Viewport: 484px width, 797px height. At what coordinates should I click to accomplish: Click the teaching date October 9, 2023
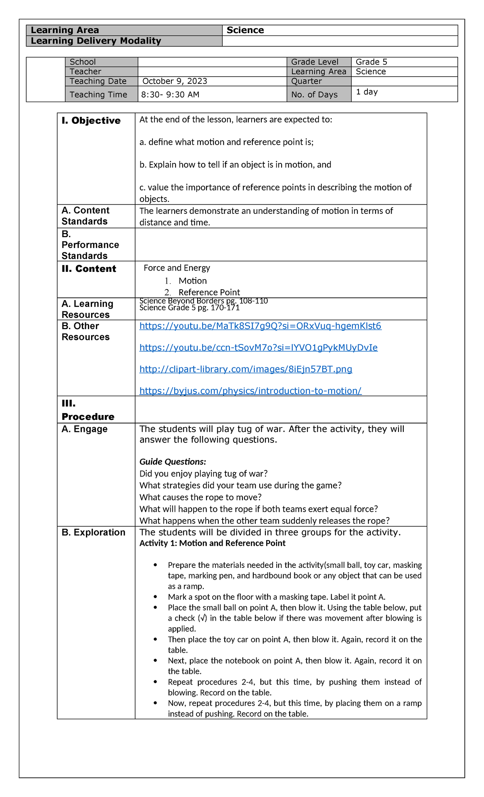coord(175,81)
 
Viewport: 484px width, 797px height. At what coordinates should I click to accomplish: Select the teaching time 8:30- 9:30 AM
coord(170,95)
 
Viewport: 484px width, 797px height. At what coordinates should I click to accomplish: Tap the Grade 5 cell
coord(371,62)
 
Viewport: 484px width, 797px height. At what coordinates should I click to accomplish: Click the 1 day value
coord(367,92)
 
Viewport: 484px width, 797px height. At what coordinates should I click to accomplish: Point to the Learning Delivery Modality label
coord(96,41)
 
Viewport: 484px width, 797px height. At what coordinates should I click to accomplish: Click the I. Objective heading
coord(91,121)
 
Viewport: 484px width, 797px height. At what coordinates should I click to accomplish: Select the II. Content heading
coord(89,269)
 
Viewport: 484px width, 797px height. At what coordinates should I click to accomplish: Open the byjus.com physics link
coord(250,390)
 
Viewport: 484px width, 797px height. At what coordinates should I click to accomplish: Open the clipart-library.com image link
coord(246,369)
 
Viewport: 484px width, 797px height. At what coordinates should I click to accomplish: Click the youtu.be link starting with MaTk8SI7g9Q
coord(260,326)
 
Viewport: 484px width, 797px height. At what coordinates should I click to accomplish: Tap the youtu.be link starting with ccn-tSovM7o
coord(258,348)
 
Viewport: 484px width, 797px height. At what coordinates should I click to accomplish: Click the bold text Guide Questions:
coord(173,461)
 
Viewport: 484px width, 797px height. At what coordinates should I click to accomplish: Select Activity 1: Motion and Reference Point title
coord(212,543)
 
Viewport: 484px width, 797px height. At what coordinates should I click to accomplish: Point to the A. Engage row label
coord(84,429)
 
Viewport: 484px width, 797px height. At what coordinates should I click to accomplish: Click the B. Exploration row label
coord(93,532)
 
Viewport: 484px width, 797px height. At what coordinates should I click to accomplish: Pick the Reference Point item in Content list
coord(209,292)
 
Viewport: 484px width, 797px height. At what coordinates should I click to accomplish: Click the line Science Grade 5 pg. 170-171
coord(189,308)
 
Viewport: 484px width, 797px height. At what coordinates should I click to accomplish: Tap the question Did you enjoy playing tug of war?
coord(203,474)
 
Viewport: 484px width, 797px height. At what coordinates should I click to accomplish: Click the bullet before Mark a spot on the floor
coord(155,597)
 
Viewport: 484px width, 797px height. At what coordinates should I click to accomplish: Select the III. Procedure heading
coord(88,410)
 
